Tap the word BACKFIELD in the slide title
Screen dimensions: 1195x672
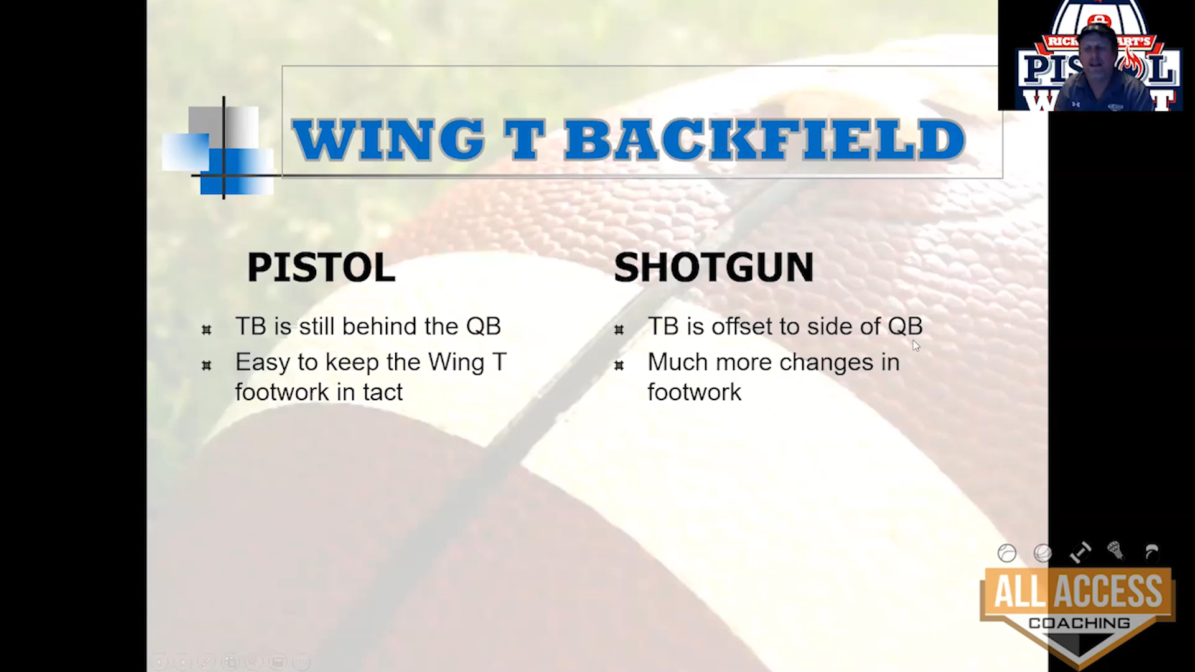tap(765, 139)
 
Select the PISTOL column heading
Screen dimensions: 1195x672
tap(321, 268)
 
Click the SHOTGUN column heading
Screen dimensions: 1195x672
tap(713, 268)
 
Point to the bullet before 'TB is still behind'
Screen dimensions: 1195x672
tap(207, 329)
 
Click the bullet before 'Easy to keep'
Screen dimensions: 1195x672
tap(207, 365)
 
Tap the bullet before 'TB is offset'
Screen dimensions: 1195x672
tap(619, 329)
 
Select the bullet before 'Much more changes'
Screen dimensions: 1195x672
tap(619, 365)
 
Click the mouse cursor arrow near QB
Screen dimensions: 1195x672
tap(916, 346)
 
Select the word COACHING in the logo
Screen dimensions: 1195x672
tap(1079, 623)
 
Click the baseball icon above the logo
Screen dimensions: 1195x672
tap(1006, 553)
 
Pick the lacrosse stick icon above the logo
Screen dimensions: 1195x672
tap(1115, 551)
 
